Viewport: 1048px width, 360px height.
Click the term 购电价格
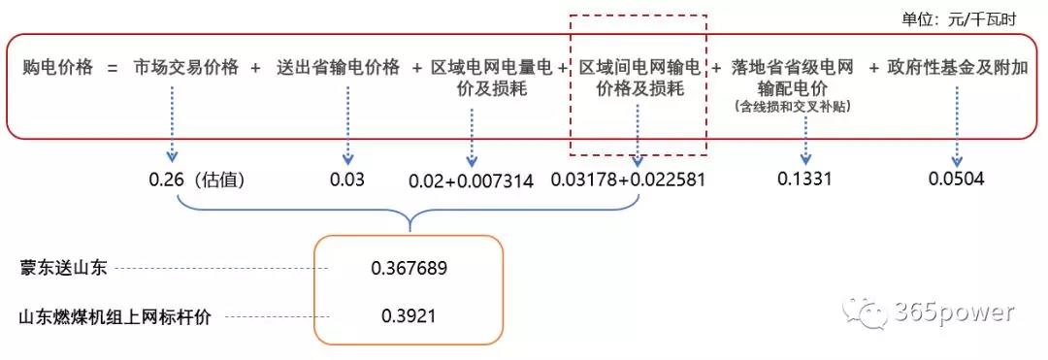(58, 68)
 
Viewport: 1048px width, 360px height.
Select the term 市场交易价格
(186, 68)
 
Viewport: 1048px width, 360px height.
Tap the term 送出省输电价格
(338, 68)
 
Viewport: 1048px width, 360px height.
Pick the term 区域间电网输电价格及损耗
(639, 79)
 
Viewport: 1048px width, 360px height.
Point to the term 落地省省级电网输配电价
(793, 79)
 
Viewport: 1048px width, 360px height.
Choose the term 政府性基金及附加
(955, 68)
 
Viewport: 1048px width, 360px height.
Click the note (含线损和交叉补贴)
(793, 106)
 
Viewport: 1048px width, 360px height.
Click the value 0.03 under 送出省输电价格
(346, 180)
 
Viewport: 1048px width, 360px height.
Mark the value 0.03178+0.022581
(628, 180)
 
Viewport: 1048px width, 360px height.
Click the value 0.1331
(804, 179)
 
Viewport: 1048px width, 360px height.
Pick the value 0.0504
(956, 179)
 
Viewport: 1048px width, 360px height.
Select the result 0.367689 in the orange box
(409, 268)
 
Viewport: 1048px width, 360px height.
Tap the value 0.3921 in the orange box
(409, 316)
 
